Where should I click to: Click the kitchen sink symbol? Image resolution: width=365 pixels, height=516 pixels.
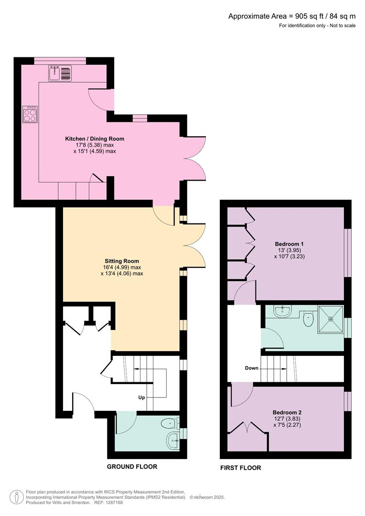click(x=60, y=73)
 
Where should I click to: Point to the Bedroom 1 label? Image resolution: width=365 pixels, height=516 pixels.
click(x=286, y=244)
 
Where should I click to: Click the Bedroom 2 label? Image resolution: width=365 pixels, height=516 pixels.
click(x=287, y=412)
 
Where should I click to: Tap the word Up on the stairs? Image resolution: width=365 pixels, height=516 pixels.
click(x=142, y=397)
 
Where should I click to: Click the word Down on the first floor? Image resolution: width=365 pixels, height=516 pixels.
click(x=252, y=368)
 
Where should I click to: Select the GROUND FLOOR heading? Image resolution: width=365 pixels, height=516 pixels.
click(x=132, y=466)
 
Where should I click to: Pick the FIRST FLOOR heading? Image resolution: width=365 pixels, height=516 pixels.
click(x=240, y=468)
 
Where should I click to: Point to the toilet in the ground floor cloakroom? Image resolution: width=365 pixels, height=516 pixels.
click(x=169, y=423)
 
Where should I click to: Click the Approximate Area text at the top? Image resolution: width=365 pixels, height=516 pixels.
click(x=291, y=16)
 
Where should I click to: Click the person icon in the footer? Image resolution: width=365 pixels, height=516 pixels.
click(x=17, y=497)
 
